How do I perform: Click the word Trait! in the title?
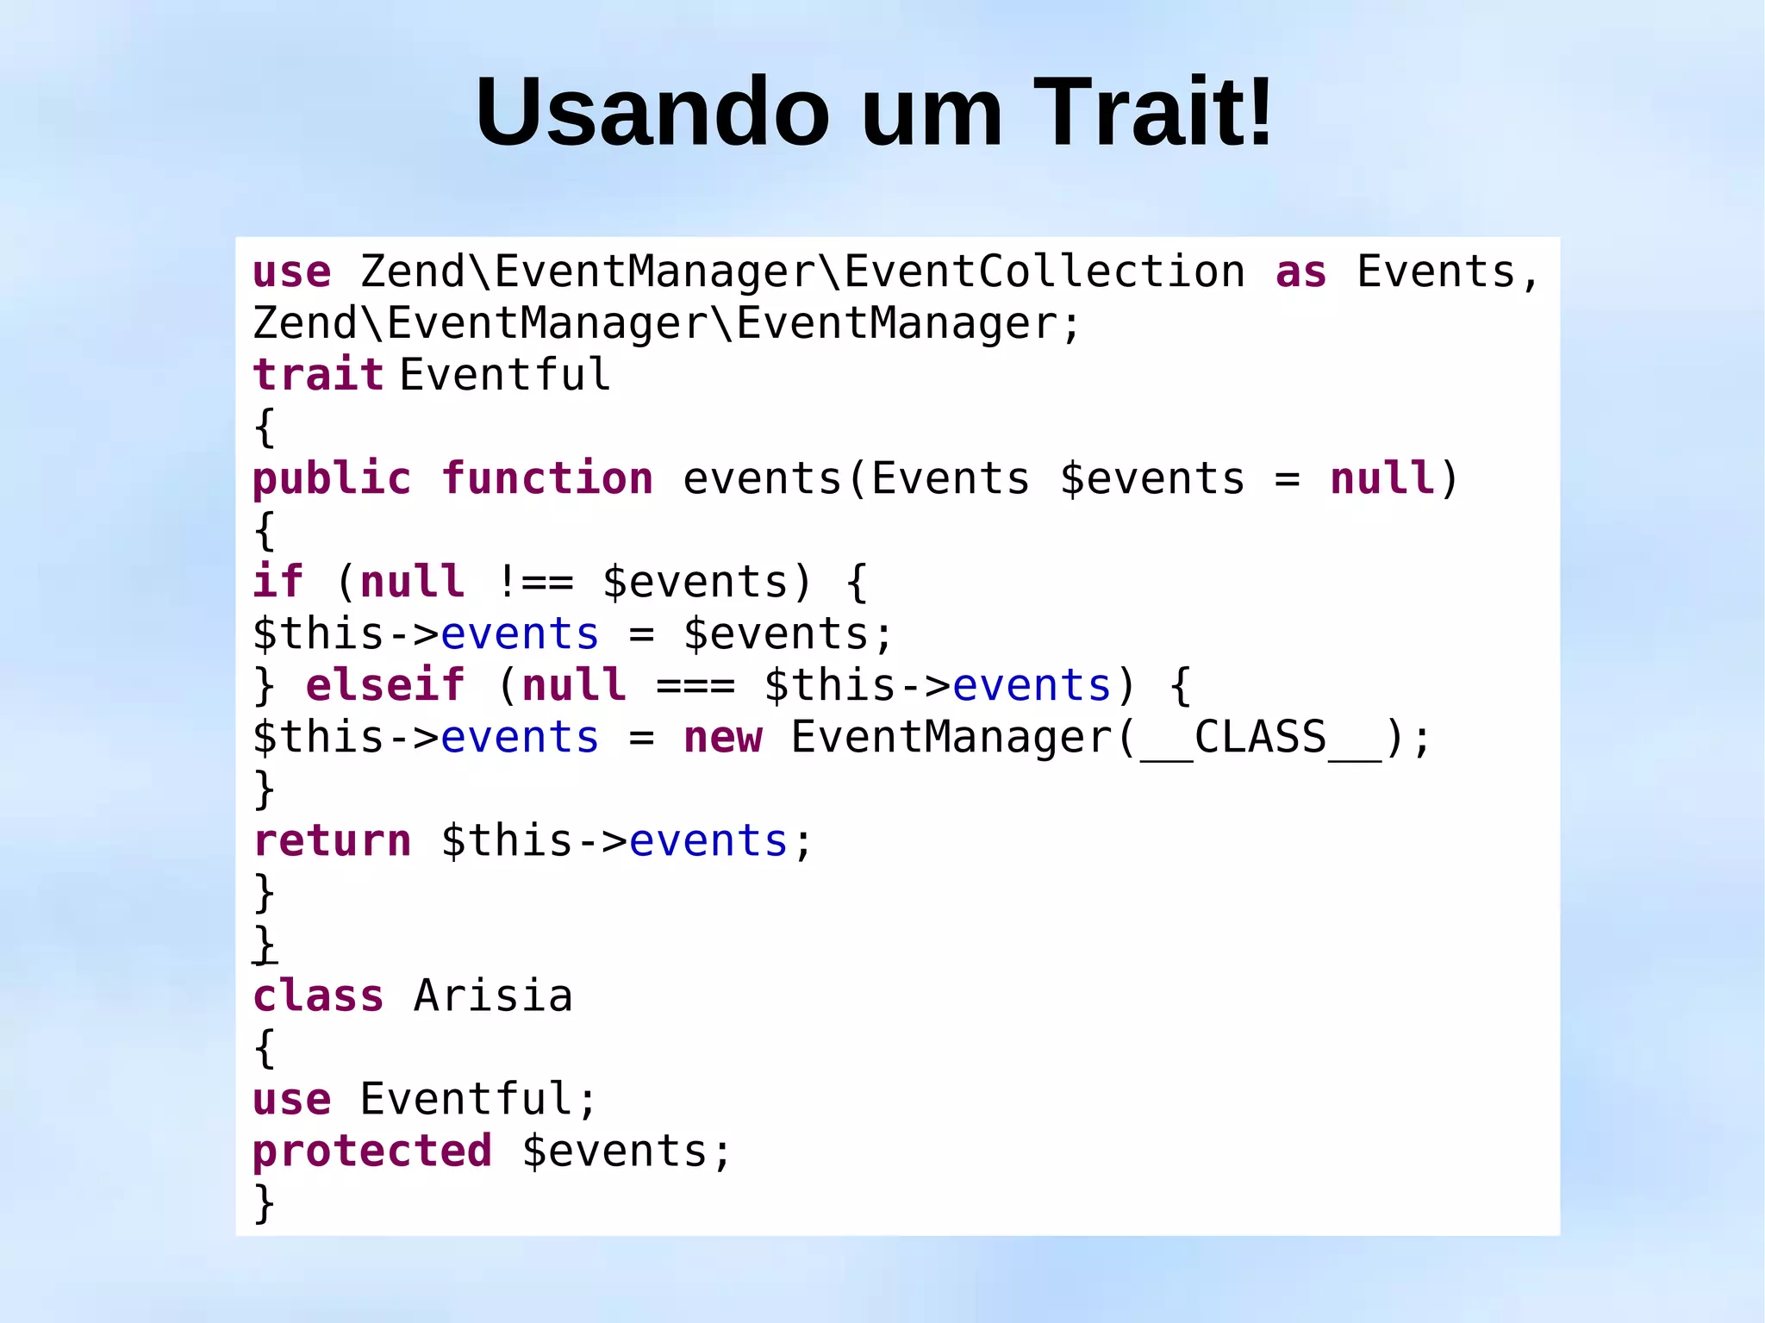1153,113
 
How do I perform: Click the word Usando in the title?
652,113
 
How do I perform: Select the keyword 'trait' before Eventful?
318,375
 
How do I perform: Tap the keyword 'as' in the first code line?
1300,272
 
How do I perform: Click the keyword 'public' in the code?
332,478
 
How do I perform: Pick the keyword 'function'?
548,478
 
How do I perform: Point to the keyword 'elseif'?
385,686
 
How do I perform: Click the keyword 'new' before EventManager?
722,738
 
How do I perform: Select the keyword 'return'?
332,841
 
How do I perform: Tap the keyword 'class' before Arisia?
318,996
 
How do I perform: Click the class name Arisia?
493,996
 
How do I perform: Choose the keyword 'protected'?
372,1151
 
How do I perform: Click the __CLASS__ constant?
1260,738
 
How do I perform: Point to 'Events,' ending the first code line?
1448,272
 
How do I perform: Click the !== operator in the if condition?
534,583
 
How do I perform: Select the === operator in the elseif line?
695,686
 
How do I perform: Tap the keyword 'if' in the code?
278,583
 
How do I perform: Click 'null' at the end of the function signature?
1381,478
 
